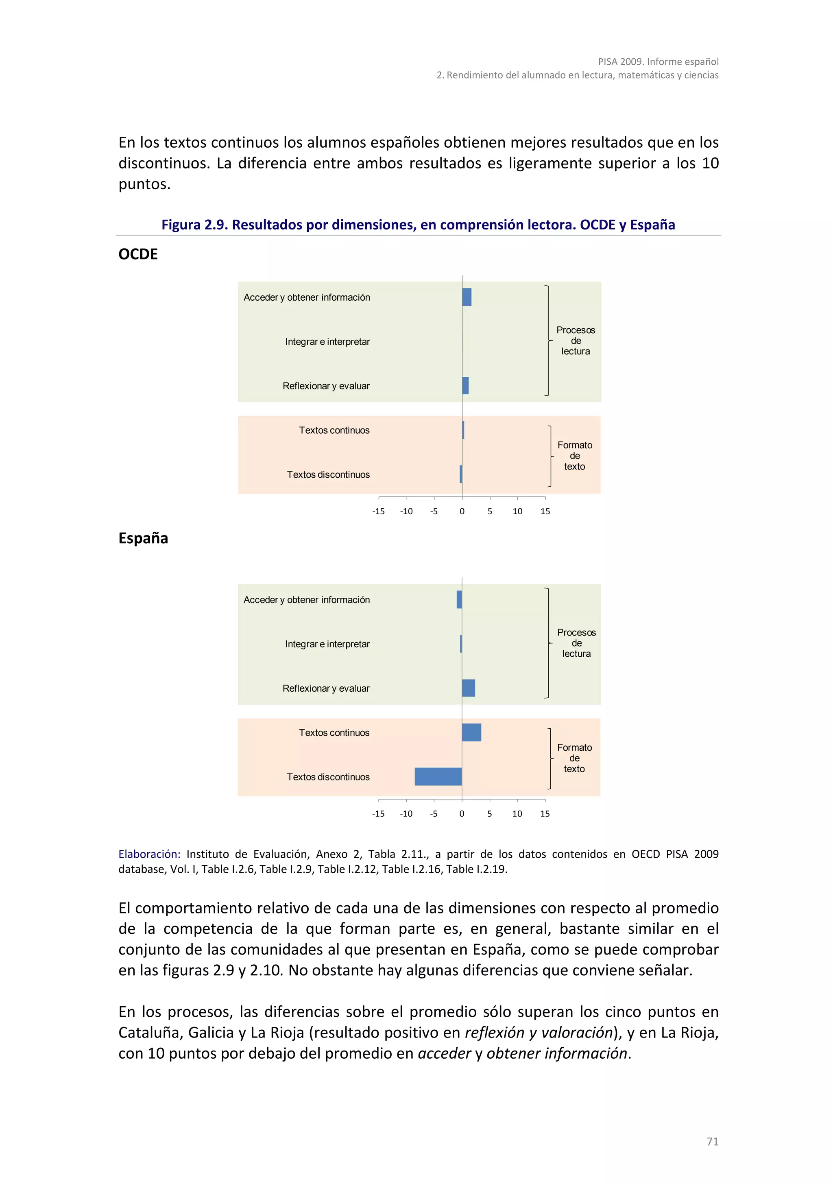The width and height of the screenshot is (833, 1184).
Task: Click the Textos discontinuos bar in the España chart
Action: coord(438,777)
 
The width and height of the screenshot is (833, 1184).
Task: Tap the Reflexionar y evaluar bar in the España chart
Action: coord(468,688)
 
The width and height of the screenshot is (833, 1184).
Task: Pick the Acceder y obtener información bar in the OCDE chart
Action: coord(467,297)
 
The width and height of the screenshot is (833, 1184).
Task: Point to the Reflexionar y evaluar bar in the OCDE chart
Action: coord(465,386)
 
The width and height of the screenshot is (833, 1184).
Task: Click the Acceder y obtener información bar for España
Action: coord(459,599)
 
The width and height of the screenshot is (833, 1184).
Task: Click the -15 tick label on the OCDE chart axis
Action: coord(378,511)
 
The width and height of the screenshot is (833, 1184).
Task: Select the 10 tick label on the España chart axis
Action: coord(517,813)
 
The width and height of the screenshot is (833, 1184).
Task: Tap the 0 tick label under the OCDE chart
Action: coord(462,511)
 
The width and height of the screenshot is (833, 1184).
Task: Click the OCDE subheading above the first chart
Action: coord(138,254)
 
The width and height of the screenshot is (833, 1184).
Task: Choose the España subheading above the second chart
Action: coord(143,538)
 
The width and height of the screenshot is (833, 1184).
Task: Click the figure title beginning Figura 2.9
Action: coord(418,225)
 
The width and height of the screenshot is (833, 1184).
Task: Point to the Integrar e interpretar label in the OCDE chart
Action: coord(327,341)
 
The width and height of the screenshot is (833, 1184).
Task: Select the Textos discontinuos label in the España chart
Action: coord(328,777)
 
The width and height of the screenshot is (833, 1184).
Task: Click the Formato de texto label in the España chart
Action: coord(574,758)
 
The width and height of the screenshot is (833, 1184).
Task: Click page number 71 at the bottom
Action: coord(712,1141)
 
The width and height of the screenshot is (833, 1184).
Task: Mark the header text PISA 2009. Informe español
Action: coord(658,61)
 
